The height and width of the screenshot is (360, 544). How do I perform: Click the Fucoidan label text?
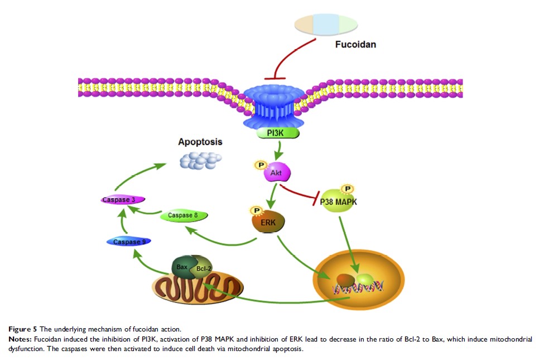point(355,44)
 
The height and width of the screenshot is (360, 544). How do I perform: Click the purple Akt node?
point(276,174)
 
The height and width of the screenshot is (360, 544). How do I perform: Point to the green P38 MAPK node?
point(339,203)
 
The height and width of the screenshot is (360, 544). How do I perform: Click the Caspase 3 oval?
point(123,199)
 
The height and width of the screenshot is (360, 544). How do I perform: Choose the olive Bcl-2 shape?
point(203,269)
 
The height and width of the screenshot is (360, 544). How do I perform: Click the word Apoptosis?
point(200,142)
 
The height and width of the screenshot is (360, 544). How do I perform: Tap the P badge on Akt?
point(260,165)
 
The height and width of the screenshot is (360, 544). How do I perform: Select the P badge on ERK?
point(258,210)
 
